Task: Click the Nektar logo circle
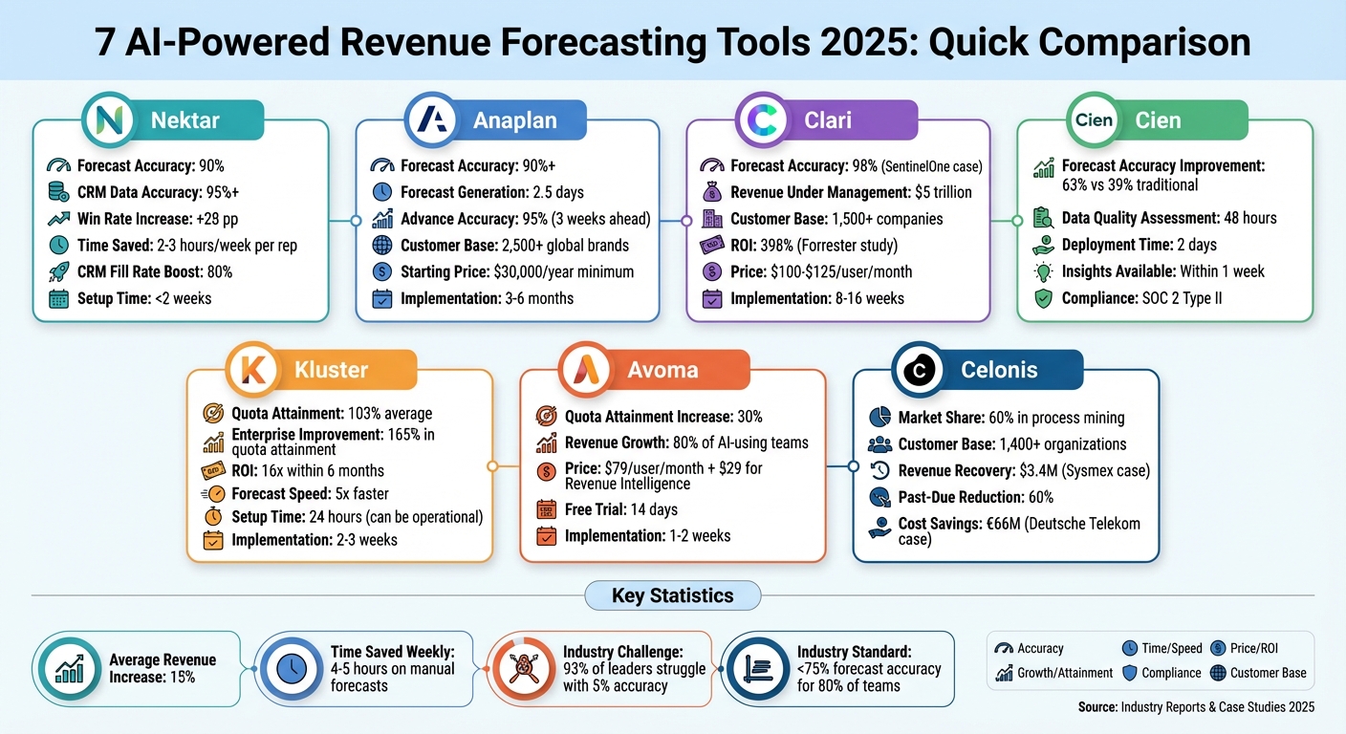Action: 109,119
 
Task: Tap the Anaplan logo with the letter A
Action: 431,119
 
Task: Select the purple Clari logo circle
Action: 762,119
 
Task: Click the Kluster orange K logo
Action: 252,370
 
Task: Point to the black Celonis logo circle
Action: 919,370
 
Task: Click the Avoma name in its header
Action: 662,370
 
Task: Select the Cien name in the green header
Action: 1158,120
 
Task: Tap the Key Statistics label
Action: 672,595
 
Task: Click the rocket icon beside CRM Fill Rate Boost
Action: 58,272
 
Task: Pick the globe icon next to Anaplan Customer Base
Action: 382,245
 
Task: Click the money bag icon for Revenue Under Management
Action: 712,192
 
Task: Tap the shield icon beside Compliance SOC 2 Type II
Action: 1044,298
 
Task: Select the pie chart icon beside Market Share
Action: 879,417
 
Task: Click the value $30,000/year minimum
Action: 564,272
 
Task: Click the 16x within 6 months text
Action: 323,471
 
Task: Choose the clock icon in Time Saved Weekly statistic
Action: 292,668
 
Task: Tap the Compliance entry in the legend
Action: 1161,674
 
